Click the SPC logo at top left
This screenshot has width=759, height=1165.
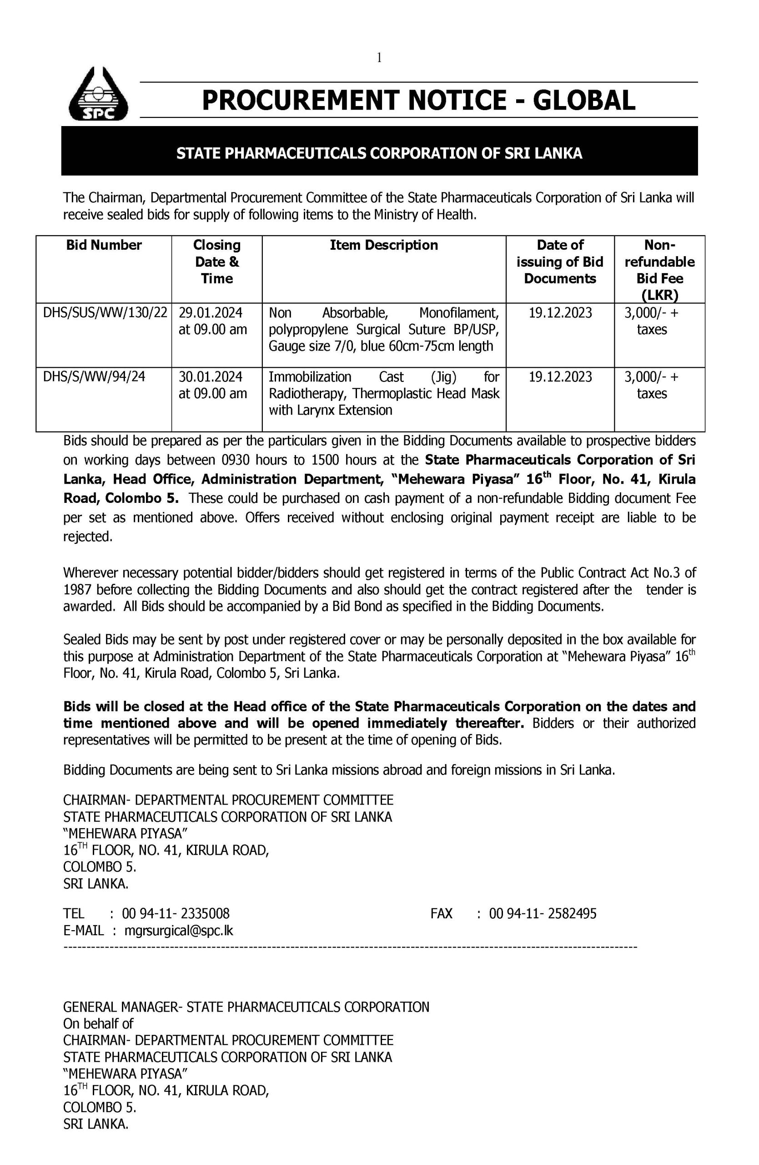coord(98,95)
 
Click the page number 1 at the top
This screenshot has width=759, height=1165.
coord(379,58)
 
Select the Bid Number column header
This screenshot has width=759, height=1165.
coord(104,245)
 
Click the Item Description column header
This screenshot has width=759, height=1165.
coord(383,245)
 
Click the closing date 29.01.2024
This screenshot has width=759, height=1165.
coord(210,313)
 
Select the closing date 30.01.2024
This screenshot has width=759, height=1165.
coord(210,377)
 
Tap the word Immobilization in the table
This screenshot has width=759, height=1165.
coord(310,377)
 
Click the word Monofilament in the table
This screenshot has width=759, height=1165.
coord(459,313)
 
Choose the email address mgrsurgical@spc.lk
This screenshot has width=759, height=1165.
coord(179,931)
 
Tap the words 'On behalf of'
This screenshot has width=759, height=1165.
coord(98,1023)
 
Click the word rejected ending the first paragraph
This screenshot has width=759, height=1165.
coord(87,537)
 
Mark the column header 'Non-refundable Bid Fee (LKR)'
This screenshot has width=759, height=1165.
coord(659,270)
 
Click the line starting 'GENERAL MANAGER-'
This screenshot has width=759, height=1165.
coord(246,1007)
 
